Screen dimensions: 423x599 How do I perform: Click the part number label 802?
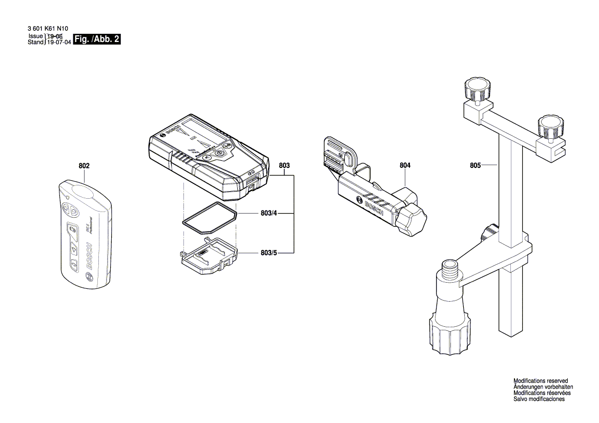pyautogui.click(x=84, y=166)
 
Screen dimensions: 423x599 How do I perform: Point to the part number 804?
pyautogui.click(x=405, y=165)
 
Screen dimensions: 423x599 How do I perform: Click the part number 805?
pyautogui.click(x=475, y=165)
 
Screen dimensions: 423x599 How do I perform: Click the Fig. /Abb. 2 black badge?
pyautogui.click(x=97, y=39)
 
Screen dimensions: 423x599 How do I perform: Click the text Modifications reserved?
pyautogui.click(x=541, y=381)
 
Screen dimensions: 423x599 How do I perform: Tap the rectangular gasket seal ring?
pyautogui.click(x=209, y=219)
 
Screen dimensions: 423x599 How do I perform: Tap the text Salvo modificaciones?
pyautogui.click(x=539, y=399)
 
